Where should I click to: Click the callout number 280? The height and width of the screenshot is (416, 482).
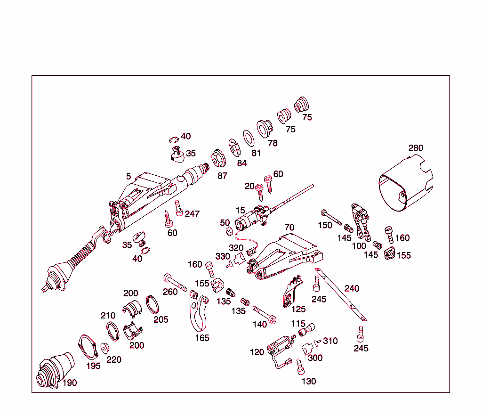(x=416, y=148)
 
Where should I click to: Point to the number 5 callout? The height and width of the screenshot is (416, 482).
(x=129, y=176)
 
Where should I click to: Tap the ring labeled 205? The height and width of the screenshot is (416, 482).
(x=152, y=304)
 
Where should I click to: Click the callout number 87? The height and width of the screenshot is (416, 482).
(x=222, y=176)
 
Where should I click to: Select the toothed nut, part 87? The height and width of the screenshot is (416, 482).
(x=217, y=158)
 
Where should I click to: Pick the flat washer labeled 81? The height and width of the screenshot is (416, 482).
(x=248, y=138)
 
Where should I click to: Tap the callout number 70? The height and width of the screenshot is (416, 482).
(x=289, y=228)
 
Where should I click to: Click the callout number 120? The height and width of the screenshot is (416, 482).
(x=257, y=352)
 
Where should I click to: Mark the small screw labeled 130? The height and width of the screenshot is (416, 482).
(x=299, y=366)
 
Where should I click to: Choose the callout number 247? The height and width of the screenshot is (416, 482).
(x=192, y=214)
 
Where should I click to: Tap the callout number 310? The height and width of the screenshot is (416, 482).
(x=330, y=341)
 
